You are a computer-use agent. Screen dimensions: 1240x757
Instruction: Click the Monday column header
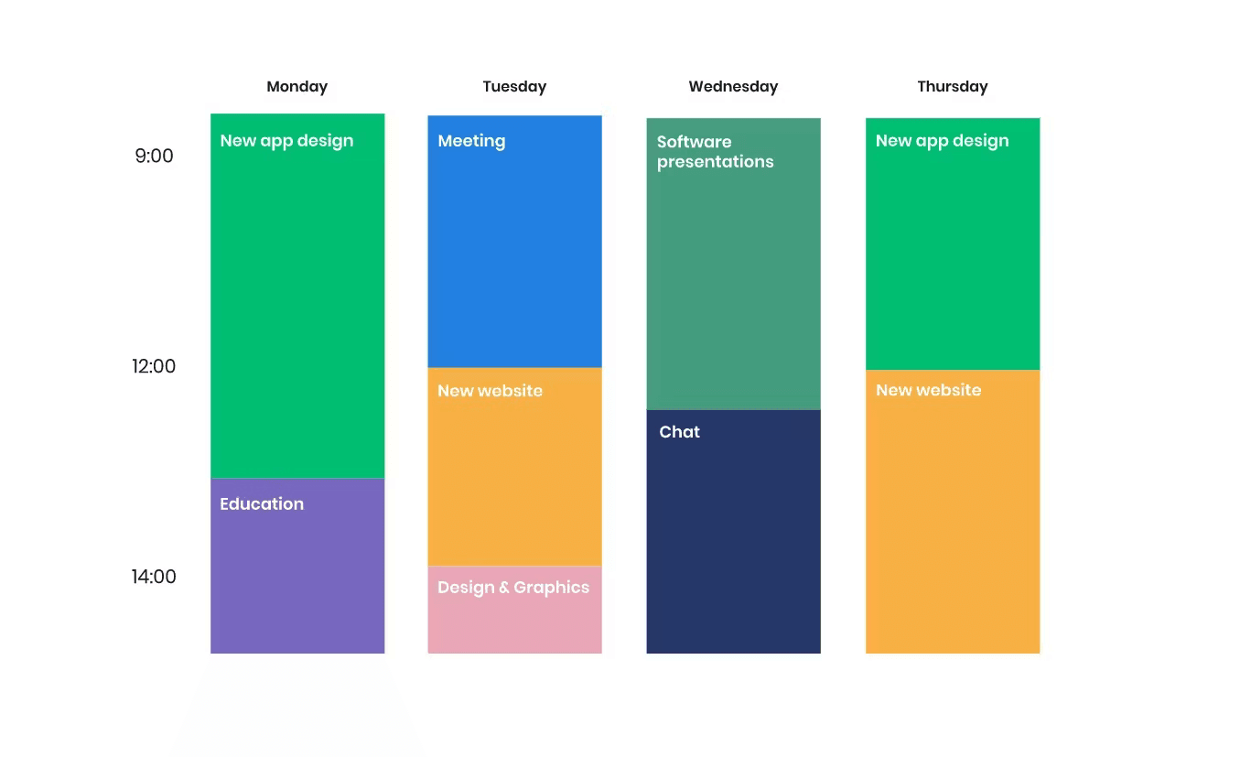(x=297, y=87)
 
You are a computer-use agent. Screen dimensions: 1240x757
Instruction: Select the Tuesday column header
(x=514, y=87)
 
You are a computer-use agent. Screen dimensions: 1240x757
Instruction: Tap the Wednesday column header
(x=733, y=87)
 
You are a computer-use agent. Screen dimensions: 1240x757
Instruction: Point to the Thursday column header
(x=952, y=87)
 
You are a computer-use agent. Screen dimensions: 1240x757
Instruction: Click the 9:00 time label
(x=154, y=156)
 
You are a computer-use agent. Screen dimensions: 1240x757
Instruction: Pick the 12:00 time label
(x=154, y=366)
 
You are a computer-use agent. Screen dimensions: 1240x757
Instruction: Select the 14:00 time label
(x=154, y=577)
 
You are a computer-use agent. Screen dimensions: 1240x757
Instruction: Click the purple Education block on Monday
(x=297, y=566)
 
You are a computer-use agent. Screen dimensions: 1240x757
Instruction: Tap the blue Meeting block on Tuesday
(x=514, y=242)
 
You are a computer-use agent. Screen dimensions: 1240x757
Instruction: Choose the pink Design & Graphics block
(x=514, y=610)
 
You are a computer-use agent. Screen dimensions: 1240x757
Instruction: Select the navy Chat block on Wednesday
(x=734, y=532)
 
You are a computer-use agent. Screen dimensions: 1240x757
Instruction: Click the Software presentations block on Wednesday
(x=734, y=264)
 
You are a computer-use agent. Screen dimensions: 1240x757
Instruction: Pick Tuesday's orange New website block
(x=514, y=467)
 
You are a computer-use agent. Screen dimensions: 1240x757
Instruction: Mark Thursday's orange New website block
(x=953, y=512)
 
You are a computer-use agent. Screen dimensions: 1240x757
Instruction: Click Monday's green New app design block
(x=297, y=297)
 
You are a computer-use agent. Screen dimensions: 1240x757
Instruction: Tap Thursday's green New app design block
(x=953, y=243)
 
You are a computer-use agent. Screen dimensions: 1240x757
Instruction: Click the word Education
(x=262, y=504)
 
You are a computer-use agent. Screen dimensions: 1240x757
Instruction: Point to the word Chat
(x=679, y=432)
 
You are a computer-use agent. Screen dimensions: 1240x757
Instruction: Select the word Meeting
(x=471, y=141)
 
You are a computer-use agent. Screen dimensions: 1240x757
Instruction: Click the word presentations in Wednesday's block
(x=716, y=162)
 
